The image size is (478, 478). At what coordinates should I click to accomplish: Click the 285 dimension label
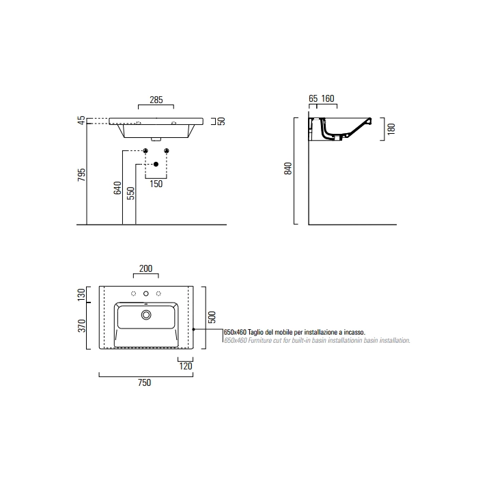click(x=156, y=100)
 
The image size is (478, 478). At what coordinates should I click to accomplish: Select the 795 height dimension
click(x=81, y=175)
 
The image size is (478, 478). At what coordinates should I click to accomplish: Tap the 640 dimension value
click(x=117, y=188)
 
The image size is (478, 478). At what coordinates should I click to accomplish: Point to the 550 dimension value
click(x=130, y=193)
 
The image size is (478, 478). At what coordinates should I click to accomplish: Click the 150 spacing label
click(x=156, y=184)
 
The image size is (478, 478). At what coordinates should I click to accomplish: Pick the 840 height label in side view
click(x=287, y=169)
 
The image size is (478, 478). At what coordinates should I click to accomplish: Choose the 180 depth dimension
click(x=391, y=129)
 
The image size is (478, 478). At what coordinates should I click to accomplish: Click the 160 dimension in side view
click(x=328, y=98)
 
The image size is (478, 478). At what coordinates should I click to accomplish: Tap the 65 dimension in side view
click(x=313, y=98)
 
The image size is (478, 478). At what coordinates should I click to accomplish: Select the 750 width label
click(x=145, y=382)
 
